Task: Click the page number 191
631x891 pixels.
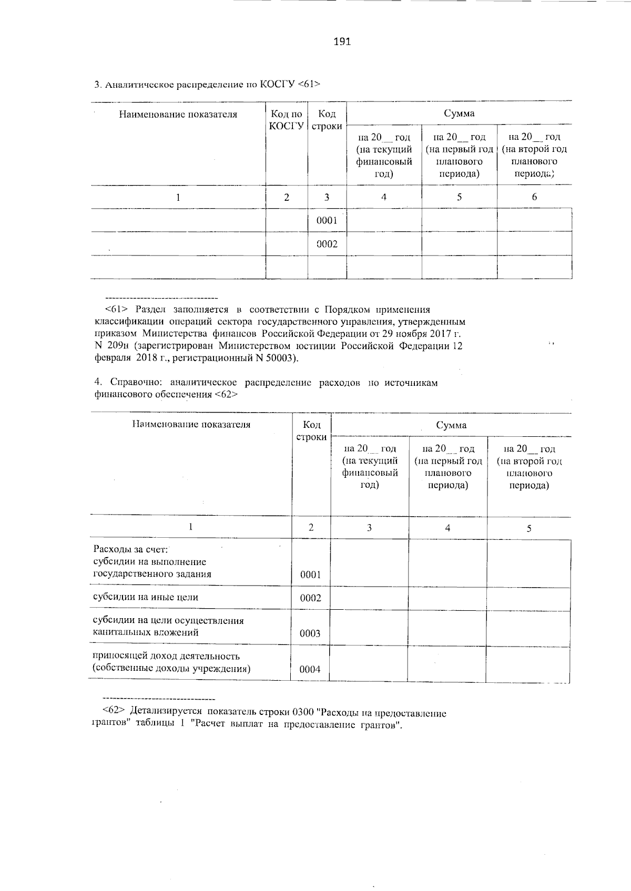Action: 342,42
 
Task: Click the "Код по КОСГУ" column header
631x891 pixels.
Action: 286,120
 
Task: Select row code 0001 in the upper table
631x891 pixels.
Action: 327,220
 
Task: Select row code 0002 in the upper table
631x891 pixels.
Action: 327,244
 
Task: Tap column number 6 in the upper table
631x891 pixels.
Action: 534,197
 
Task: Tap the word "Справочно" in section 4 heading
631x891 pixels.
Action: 138,383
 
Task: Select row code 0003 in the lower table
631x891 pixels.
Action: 310,633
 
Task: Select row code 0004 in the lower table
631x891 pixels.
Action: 310,669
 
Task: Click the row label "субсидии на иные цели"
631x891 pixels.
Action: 146,597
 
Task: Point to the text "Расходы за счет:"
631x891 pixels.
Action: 130,550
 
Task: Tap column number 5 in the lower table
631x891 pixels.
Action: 529,528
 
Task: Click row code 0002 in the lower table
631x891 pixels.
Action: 310,598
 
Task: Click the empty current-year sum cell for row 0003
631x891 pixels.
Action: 369,627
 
